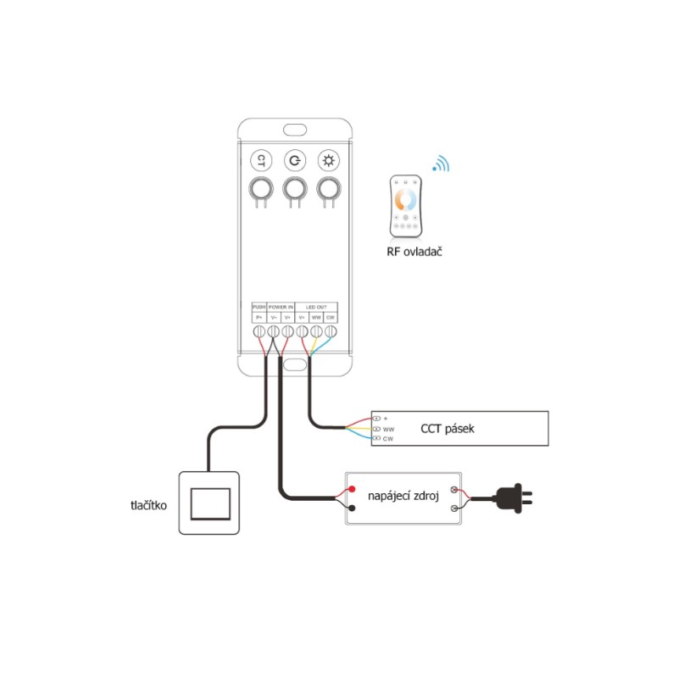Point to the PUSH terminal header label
259,307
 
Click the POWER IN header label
281,307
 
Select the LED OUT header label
316,307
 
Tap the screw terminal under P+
259,331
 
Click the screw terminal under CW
331,331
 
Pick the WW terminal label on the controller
316,317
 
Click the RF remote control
406,206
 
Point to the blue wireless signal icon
440,164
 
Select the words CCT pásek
447,429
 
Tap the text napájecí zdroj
403,495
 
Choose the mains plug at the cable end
514,499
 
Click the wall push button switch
210,503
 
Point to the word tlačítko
149,506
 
